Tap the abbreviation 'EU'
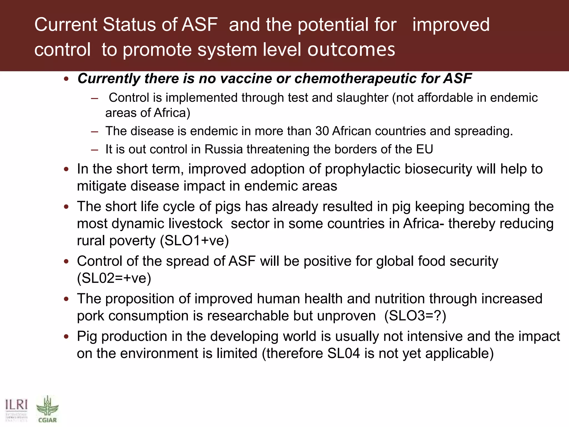coord(425,149)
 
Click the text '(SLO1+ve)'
coord(194,240)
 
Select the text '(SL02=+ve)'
coord(114,278)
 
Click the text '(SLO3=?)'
coord(415,316)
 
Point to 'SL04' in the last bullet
coord(344,353)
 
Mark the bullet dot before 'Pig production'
coord(66,337)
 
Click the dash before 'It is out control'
coord(94,150)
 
